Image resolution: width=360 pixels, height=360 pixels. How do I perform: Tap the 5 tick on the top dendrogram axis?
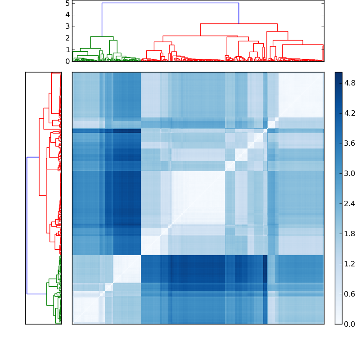point(67,3)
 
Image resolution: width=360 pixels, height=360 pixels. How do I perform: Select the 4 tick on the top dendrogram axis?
point(67,14)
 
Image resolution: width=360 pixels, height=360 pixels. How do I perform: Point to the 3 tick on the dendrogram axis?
point(67,26)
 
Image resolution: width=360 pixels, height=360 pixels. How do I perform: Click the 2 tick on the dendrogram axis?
point(67,38)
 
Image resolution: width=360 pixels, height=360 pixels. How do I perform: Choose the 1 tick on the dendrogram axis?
point(67,49)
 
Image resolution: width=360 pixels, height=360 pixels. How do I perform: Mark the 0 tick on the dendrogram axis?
point(67,61)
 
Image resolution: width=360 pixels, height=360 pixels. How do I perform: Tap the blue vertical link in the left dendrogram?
point(27,225)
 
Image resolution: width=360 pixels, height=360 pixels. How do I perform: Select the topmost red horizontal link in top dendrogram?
point(238,23)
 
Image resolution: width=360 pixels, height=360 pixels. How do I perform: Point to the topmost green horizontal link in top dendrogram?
point(102,36)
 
